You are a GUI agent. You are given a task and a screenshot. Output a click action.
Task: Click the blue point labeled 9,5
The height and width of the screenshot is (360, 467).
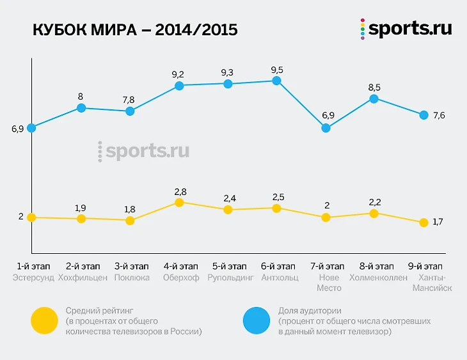click(276, 81)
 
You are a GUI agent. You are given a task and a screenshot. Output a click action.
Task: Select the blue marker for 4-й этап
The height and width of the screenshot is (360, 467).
click(179, 86)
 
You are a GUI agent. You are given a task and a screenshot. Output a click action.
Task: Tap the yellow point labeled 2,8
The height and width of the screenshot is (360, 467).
click(179, 203)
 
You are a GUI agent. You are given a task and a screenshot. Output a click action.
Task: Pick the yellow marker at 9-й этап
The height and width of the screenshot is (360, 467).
click(423, 223)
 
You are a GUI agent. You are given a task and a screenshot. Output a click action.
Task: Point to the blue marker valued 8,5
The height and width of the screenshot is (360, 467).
click(374, 98)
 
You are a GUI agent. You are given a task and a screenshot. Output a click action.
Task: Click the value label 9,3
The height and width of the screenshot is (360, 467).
click(227, 72)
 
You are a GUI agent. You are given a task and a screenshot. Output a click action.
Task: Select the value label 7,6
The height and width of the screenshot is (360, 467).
click(439, 116)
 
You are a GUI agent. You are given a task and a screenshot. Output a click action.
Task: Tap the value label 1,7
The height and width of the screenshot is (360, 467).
click(438, 222)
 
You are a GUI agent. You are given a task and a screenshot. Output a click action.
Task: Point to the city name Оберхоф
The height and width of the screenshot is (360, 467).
click(180, 278)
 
